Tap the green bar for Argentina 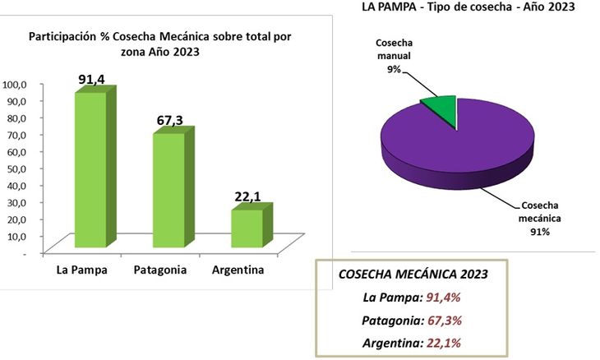pos(247,228)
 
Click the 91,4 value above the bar pos(92,79)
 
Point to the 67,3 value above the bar pos(171,121)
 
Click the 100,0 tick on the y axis pos(16,84)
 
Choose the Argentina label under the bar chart pos(238,270)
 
